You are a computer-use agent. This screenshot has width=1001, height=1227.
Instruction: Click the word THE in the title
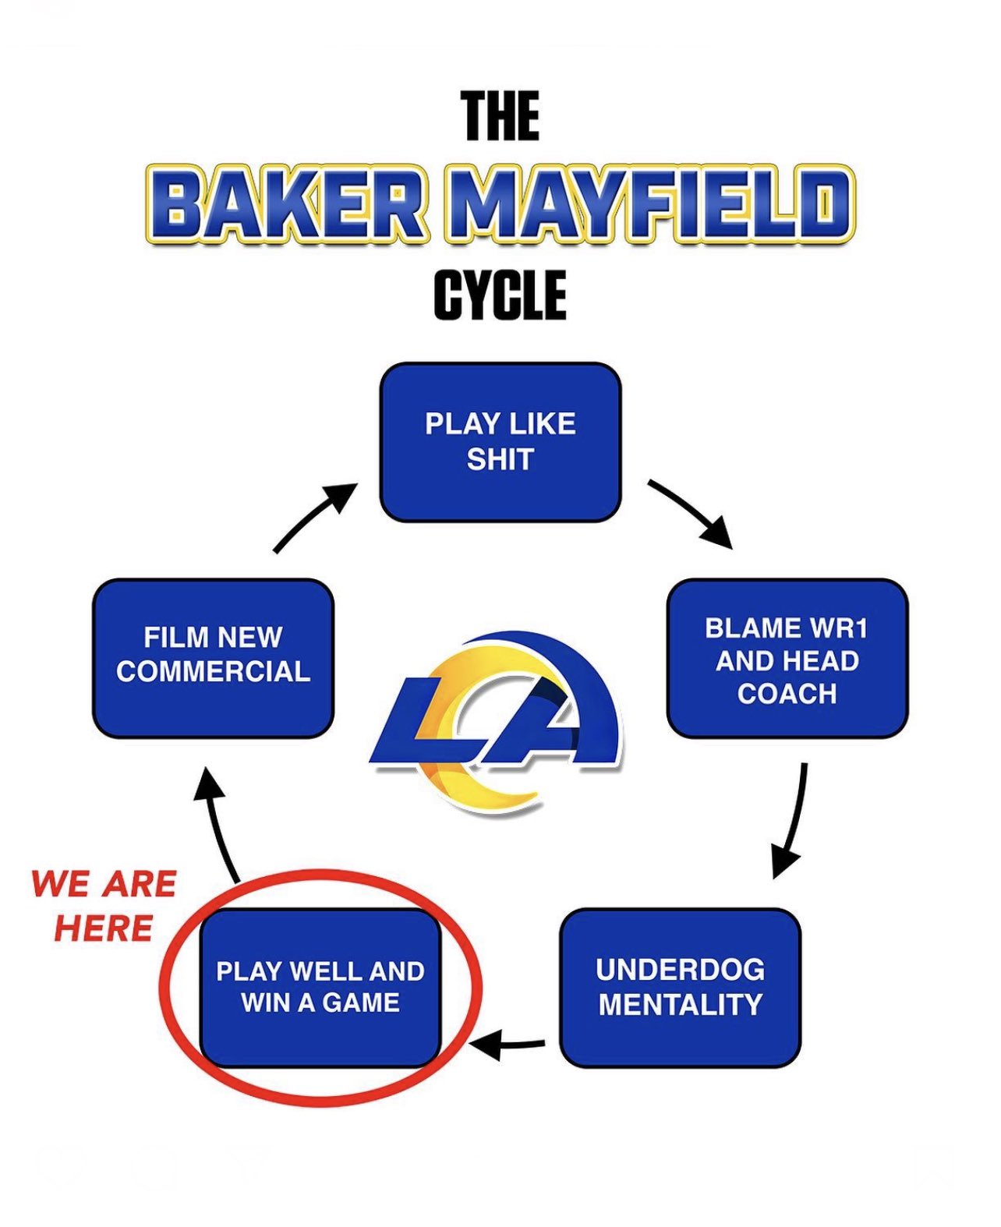coord(500,116)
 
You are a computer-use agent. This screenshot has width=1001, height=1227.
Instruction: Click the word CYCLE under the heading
coord(500,295)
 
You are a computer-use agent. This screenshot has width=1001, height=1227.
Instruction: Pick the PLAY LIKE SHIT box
coord(500,442)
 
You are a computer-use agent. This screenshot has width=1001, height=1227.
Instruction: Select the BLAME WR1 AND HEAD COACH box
coord(787,659)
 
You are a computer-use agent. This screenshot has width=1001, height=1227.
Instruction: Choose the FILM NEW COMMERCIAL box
coord(213,659)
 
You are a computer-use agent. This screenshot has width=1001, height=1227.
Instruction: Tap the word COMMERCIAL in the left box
coord(213,672)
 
